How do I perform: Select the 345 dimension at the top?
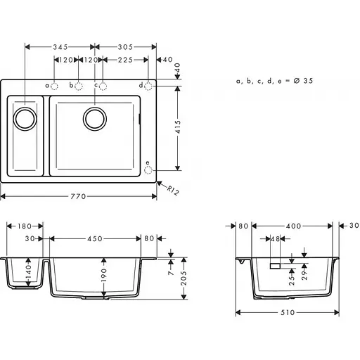coord(60,47)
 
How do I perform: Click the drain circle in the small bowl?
coord(25,117)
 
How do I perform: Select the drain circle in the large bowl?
coord(94,117)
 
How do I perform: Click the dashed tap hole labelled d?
coord(149,86)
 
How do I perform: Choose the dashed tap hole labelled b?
coord(79,86)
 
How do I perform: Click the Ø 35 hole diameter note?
coord(275,82)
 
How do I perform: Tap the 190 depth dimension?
coord(104,275)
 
